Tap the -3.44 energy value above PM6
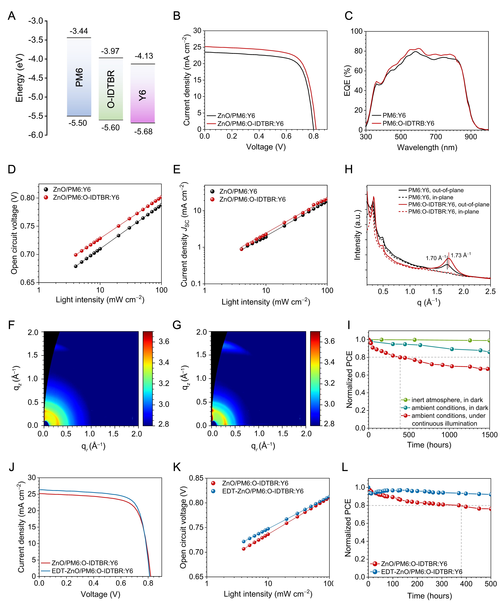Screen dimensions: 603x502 point(79,31)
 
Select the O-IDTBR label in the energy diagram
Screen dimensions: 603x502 point(111,89)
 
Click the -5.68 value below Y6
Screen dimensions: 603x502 point(143,132)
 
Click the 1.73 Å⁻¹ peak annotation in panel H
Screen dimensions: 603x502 point(461,255)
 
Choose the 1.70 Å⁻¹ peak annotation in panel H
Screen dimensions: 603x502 point(436,258)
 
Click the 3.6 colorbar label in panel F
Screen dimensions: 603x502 point(164,341)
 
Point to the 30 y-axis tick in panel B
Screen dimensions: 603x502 point(197,31)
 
